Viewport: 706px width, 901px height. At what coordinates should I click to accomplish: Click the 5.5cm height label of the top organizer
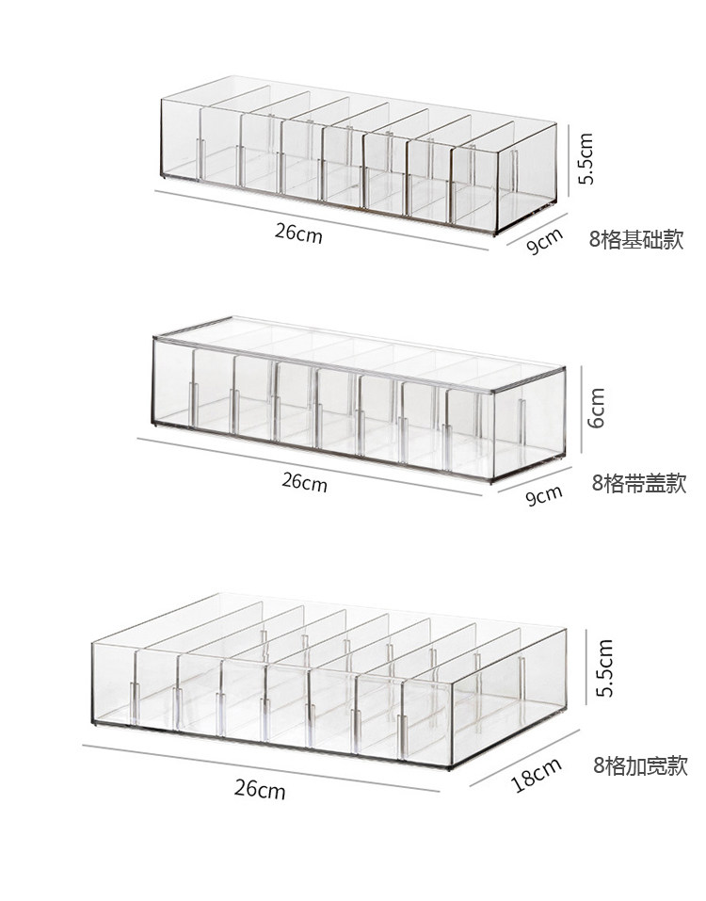point(586,158)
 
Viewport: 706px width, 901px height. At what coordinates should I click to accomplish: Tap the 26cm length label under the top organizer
point(299,233)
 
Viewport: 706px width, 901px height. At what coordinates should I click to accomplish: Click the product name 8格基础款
point(636,238)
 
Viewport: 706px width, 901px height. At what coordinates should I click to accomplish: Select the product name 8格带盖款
point(639,484)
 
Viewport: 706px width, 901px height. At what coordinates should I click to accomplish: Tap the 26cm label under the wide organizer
point(260,789)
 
